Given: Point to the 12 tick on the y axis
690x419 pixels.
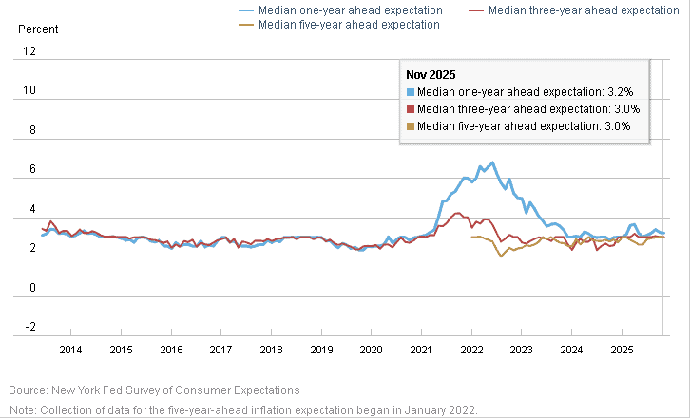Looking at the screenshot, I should [x=29, y=52].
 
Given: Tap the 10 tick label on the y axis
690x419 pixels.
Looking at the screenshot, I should [x=29, y=91].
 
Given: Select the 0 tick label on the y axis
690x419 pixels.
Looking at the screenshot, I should [x=32, y=288].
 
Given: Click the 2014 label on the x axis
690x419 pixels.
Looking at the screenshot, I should [x=70, y=350].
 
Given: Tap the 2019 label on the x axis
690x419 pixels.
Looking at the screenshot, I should [x=321, y=350].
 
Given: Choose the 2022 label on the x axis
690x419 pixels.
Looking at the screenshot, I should [x=471, y=350].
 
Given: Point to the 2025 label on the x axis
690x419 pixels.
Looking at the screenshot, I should [x=622, y=350].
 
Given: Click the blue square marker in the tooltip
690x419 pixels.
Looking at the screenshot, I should [x=411, y=92].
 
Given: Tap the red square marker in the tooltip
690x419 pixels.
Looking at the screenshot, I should [x=411, y=109].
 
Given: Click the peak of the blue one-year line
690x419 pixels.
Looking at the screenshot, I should [x=491, y=162].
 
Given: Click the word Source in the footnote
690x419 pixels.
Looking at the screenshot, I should [x=28, y=390].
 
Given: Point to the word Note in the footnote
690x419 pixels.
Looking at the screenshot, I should [x=22, y=409].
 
